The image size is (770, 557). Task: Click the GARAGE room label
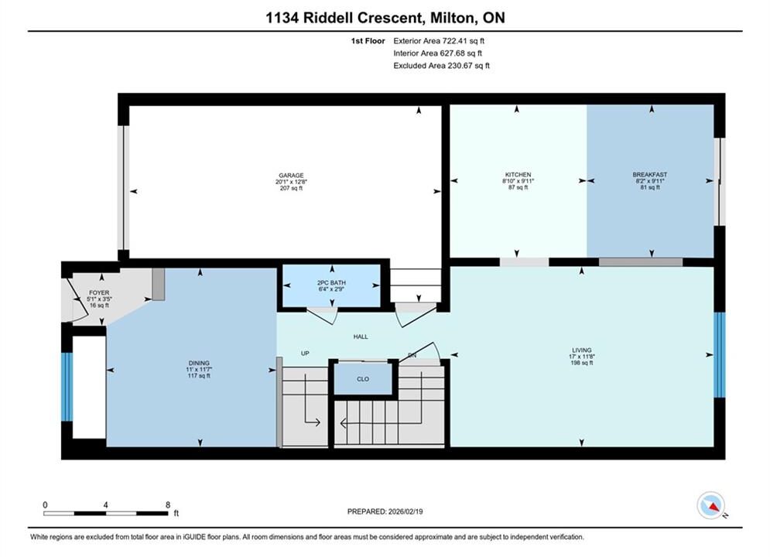[291, 175]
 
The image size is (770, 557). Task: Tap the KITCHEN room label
[518, 175]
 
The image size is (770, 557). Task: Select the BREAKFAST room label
[650, 175]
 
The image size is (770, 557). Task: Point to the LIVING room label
[581, 350]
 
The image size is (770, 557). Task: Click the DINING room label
[198, 363]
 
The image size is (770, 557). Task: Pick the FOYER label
[99, 292]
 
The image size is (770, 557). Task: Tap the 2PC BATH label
[331, 282]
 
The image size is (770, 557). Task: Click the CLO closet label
[363, 379]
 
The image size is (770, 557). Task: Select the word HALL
[361, 337]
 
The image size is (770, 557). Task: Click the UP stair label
[305, 354]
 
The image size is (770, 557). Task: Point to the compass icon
[710, 505]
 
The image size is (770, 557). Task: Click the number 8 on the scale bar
[168, 505]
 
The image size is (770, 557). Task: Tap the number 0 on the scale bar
[45, 505]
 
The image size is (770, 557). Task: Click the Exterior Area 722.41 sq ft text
[439, 41]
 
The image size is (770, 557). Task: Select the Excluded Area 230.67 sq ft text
[441, 66]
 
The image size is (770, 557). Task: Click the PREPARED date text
[385, 511]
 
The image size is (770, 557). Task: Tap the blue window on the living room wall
[720, 355]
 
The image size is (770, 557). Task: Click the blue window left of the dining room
[67, 387]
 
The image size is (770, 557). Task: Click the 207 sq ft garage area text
[291, 188]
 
